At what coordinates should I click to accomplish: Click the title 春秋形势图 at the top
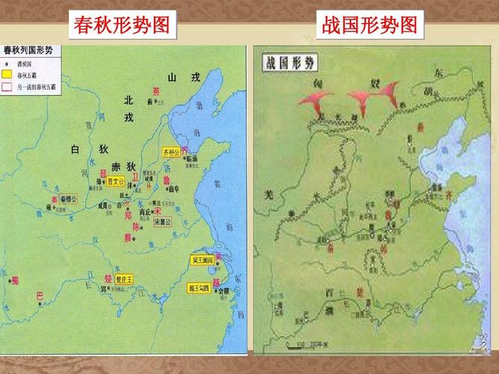(125, 26)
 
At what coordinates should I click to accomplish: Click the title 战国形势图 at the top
(369, 26)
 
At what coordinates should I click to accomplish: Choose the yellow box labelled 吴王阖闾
(203, 260)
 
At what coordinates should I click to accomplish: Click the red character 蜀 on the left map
(14, 281)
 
